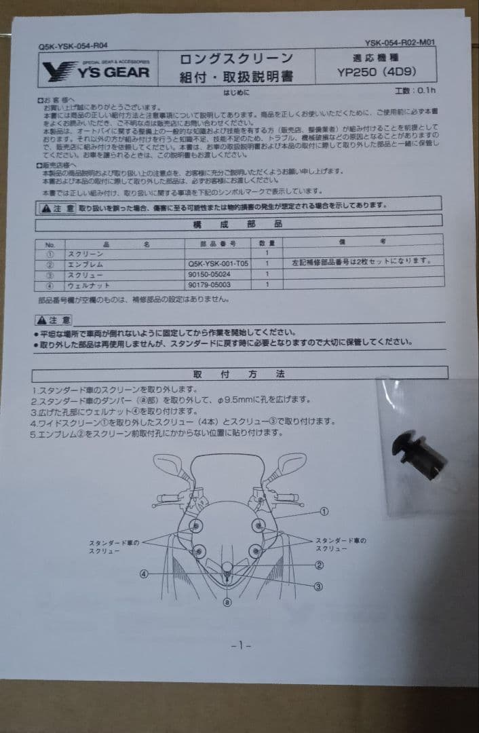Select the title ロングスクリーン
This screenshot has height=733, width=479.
point(235,59)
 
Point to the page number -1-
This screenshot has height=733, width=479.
point(241,645)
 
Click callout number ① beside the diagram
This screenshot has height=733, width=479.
point(324,512)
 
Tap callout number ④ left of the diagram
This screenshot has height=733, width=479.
point(145,574)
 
